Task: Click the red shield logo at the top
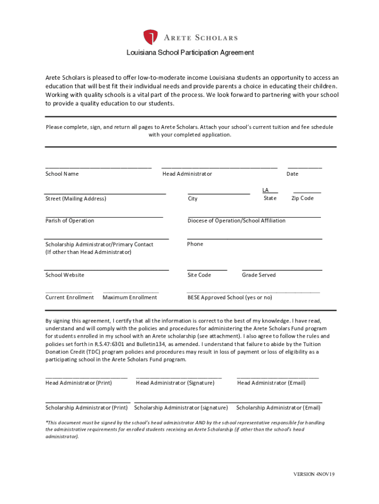[151, 37]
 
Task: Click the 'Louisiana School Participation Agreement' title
[190, 53]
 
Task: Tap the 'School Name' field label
[62, 174]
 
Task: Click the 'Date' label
[292, 174]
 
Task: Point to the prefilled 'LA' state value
[265, 190]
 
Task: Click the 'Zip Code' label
[302, 198]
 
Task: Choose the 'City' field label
[192, 199]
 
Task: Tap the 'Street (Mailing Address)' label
[76, 198]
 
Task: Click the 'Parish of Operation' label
[70, 220]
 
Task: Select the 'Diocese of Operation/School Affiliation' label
[236, 220]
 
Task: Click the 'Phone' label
[195, 244]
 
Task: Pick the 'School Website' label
[65, 275]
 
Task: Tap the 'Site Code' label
[199, 275]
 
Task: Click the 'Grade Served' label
[258, 275]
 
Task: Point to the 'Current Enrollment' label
[69, 297]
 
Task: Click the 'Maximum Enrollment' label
[130, 297]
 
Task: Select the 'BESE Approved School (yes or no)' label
[229, 297]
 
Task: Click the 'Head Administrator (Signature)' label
[175, 382]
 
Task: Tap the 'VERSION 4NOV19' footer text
[314, 474]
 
